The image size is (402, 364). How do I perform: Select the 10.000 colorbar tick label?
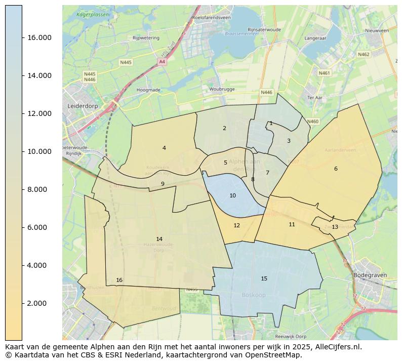pos(39,151)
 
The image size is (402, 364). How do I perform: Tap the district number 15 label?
pos(264,278)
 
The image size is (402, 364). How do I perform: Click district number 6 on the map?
pos(335,169)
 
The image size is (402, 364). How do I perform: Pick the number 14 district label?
pos(159,239)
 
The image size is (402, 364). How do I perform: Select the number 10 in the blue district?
pos(232,195)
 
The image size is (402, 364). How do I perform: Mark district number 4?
pos(164,148)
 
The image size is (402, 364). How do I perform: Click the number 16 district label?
pos(119,280)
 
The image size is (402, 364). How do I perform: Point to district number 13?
pos(335,227)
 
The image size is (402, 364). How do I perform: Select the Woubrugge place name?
pos(221,89)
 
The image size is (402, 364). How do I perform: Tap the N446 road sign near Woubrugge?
pos(266,93)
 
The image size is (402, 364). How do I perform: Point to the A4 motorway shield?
pos(162,62)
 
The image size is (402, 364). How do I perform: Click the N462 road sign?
pos(363,54)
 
